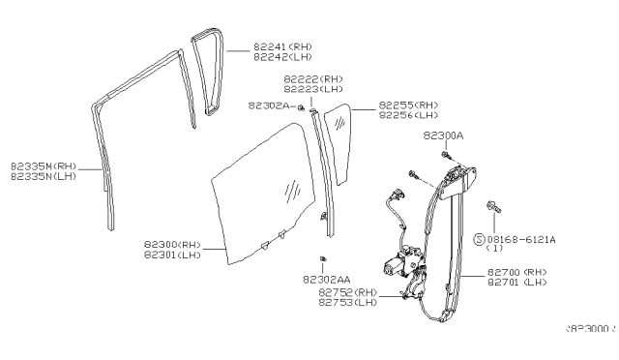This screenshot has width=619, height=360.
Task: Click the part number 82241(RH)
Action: point(282,45)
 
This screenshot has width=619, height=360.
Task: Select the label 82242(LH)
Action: point(282,56)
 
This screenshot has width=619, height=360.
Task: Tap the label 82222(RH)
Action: point(311,79)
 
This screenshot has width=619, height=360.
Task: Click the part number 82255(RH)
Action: point(408,105)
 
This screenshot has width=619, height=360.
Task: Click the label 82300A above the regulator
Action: point(443,137)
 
